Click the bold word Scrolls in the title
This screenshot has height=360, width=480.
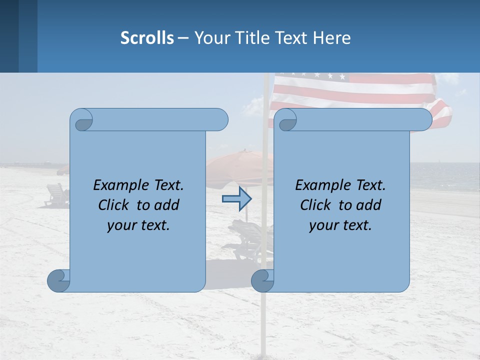(x=147, y=37)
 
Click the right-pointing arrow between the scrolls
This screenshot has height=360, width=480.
(x=236, y=199)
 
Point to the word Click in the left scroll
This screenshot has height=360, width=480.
(x=116, y=205)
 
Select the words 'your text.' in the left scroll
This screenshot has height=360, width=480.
(x=138, y=225)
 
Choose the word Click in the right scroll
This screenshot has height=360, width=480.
(x=318, y=205)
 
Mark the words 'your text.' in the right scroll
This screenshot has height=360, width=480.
(x=340, y=225)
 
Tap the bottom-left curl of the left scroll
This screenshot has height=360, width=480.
(x=58, y=281)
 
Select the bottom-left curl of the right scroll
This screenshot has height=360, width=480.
(x=262, y=281)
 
